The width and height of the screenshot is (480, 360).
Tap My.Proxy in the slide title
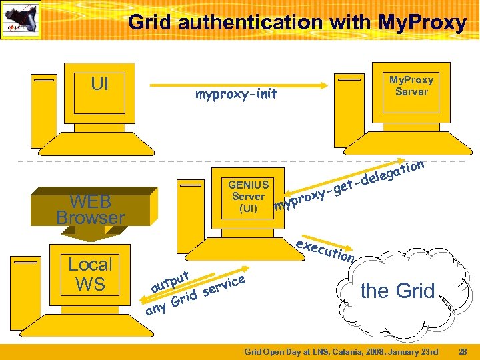point(421,23)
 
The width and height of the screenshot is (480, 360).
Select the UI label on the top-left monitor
point(99,84)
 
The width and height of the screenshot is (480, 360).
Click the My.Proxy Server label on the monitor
point(411,85)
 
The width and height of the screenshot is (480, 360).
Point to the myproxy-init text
point(236,95)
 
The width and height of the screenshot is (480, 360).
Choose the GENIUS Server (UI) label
point(248,196)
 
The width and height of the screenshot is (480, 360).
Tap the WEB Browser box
point(90,209)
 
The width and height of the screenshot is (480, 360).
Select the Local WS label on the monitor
point(91,274)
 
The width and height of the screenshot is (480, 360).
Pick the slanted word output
point(171,281)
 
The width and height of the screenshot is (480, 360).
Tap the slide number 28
point(463,351)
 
